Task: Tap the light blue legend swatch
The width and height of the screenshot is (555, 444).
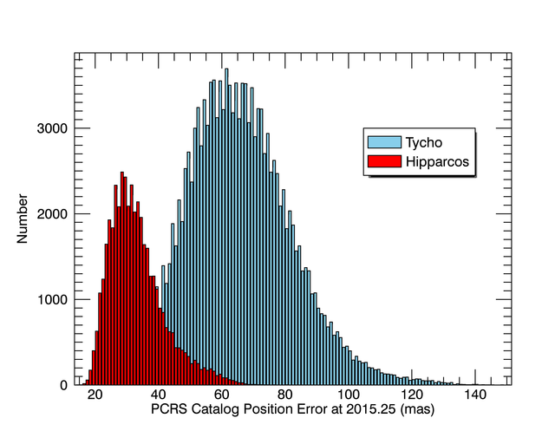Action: pos(385,141)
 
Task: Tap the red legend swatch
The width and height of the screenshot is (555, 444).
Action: pos(385,161)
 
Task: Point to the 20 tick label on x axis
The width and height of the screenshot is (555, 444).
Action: pos(95,395)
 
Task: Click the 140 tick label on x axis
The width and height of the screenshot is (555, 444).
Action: pos(473,395)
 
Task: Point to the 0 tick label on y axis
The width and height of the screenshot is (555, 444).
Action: pos(63,385)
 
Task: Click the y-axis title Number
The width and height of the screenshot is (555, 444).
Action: pos(23,220)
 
